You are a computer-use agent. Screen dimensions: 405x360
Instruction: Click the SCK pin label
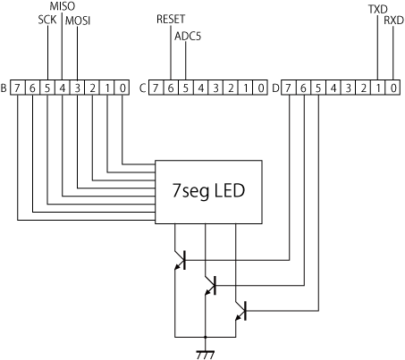point(47,20)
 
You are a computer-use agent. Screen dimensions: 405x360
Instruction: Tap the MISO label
point(62,6)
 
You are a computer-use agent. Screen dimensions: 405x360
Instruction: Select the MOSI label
point(78,21)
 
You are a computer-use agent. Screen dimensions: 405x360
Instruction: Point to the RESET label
point(171,19)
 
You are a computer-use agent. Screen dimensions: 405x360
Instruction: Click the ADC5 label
point(188,36)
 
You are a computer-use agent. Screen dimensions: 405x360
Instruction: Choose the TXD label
point(378,9)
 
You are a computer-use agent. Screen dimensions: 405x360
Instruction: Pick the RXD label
point(393,21)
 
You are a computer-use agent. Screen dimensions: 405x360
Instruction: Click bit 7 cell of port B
point(18,88)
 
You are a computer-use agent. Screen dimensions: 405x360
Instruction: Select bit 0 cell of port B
point(122,88)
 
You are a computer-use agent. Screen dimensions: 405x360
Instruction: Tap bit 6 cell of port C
point(171,88)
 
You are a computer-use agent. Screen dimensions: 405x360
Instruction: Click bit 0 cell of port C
point(260,88)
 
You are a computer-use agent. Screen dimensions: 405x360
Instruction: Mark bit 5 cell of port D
point(318,88)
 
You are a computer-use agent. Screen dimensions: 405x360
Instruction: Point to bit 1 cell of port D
point(378,88)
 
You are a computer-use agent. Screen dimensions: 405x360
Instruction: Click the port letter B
point(4,88)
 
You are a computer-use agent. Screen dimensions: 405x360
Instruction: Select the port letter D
point(276,88)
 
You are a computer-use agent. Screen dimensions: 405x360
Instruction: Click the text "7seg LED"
point(208,191)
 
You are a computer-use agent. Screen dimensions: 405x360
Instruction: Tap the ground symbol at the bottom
point(206,355)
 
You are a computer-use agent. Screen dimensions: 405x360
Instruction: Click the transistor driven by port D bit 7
point(181,260)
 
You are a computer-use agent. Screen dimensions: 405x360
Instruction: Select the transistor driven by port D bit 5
point(240,311)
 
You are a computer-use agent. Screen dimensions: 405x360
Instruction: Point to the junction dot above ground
point(206,337)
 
